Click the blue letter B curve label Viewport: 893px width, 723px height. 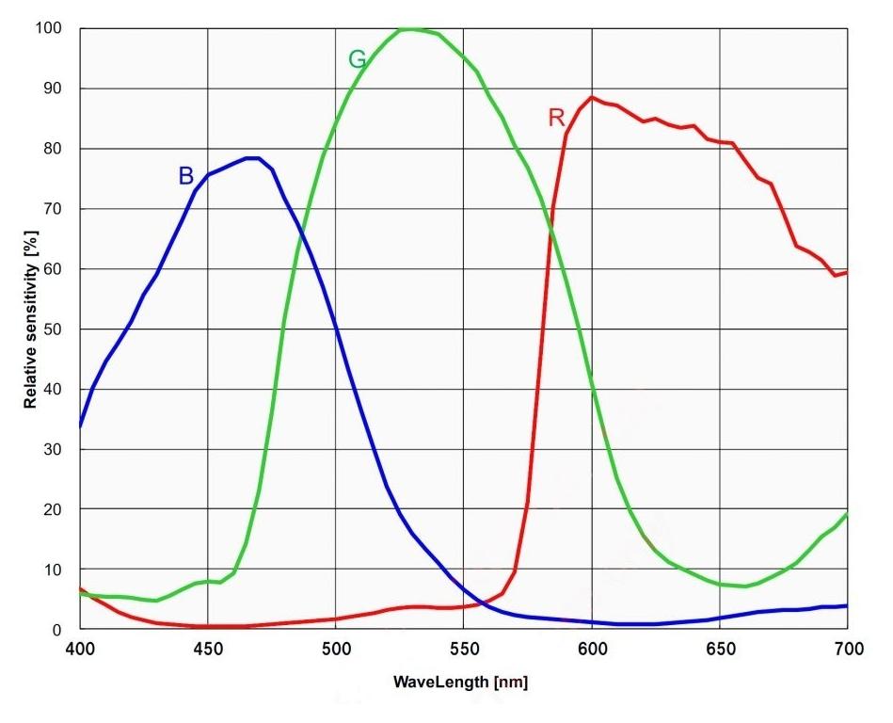tap(186, 176)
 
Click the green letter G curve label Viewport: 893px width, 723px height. tap(358, 60)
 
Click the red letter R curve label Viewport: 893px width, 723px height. tap(556, 118)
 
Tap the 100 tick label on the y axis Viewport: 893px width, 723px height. tap(50, 28)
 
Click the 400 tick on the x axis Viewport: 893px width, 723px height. tap(79, 651)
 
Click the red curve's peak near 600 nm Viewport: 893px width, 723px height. tap(592, 97)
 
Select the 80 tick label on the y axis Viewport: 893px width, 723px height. tap(54, 149)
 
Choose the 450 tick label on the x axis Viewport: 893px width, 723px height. tap(208, 651)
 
